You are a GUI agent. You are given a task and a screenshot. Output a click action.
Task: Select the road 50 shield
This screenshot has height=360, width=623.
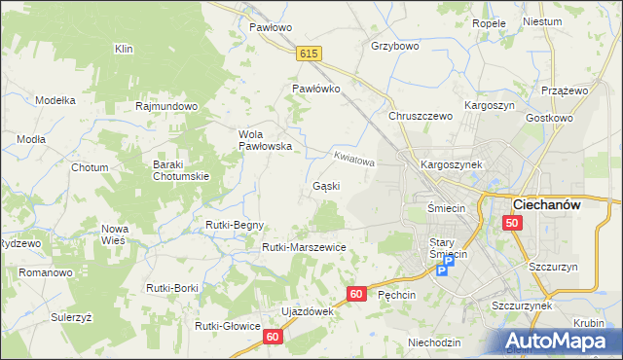click(x=513, y=224)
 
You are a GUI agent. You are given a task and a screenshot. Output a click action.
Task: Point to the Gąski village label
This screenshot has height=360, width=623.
click(x=325, y=186)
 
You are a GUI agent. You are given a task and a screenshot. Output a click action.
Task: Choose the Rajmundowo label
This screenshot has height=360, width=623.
click(x=167, y=106)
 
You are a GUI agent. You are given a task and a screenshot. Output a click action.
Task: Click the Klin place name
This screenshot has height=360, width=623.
click(x=124, y=48)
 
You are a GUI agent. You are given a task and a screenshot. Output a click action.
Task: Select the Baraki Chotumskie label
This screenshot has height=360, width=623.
click(x=181, y=170)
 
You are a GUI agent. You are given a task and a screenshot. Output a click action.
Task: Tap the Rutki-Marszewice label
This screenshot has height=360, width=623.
click(x=304, y=247)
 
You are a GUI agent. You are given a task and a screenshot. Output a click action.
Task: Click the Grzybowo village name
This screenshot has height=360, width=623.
click(x=395, y=46)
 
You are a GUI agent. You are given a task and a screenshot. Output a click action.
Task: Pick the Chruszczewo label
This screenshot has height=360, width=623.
click(x=421, y=116)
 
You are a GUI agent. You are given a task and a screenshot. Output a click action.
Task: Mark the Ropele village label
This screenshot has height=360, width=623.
click(x=489, y=22)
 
